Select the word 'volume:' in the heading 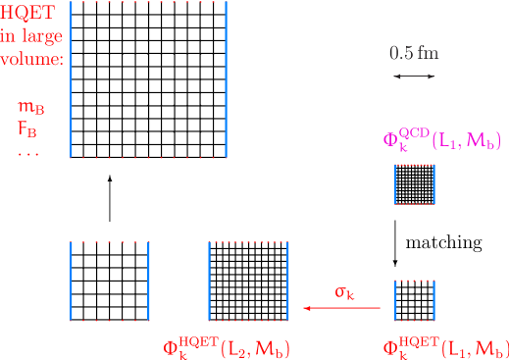[x=31, y=59]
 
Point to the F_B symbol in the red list [x=28, y=128]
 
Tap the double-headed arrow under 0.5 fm [x=414, y=76]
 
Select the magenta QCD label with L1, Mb [x=441, y=141]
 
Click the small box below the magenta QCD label [x=415, y=183]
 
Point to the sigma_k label [x=343, y=291]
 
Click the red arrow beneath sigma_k [x=342, y=309]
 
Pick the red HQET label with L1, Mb [x=445, y=347]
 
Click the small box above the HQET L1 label [x=415, y=300]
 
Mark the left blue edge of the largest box [x=72, y=78]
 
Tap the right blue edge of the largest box [x=227, y=78]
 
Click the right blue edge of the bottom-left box [x=148, y=281]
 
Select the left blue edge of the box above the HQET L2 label [x=209, y=281]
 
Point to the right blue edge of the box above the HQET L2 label [x=287, y=281]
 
